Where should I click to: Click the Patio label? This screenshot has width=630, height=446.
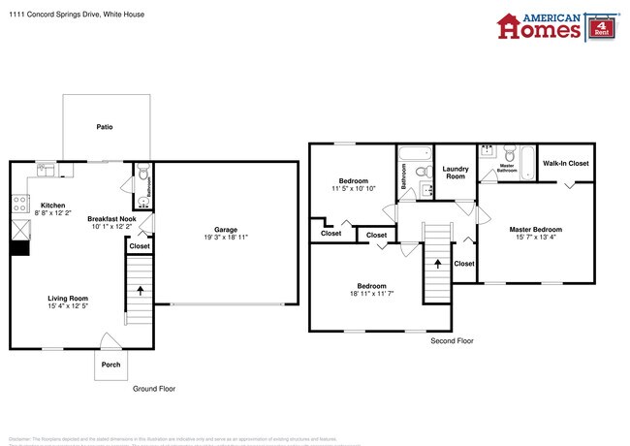(x=106, y=127)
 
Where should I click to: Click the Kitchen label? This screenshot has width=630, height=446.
(x=52, y=205)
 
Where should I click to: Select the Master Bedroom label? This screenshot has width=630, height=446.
(x=535, y=229)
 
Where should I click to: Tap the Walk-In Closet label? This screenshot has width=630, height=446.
(x=566, y=163)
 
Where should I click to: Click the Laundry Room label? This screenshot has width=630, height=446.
(x=455, y=173)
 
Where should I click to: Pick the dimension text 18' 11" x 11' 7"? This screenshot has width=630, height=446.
(x=372, y=294)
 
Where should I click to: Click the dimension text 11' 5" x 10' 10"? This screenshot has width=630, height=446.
(x=352, y=188)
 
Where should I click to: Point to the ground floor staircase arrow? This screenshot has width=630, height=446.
(x=141, y=289)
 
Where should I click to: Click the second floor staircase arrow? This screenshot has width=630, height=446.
(x=437, y=262)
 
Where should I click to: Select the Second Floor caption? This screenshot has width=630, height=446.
(x=452, y=341)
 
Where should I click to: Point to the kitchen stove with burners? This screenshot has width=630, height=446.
(x=18, y=203)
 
